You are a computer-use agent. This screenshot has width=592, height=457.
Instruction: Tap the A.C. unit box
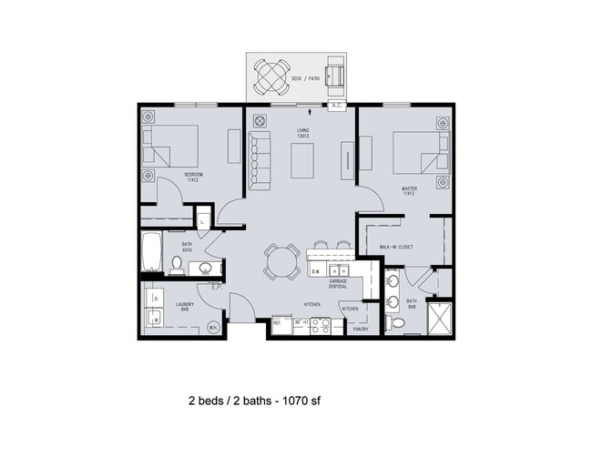coord(338,106)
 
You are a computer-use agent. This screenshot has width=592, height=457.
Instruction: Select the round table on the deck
coord(271,77)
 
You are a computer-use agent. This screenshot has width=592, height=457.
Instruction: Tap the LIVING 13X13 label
coord(303,134)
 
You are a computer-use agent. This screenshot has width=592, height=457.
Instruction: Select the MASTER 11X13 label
coord(409,192)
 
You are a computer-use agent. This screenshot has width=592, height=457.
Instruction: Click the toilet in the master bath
coord(396,321)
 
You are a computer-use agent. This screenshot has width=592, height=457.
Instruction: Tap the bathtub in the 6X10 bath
coord(150,254)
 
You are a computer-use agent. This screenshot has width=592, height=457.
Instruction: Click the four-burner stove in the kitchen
coord(322,325)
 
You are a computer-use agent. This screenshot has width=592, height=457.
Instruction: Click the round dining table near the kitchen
coord(281,262)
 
